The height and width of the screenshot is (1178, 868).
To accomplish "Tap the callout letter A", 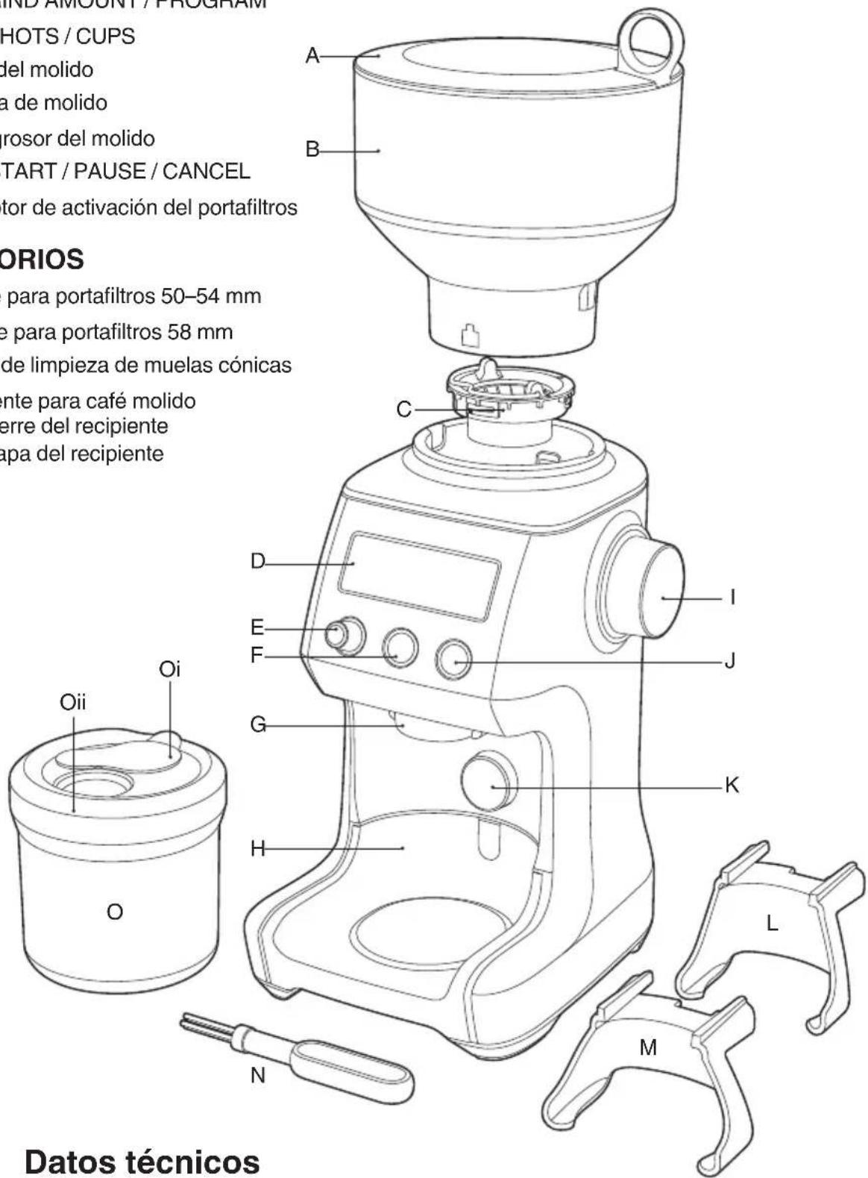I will pos(312,56).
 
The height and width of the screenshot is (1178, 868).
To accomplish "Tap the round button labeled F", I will pos(400,648).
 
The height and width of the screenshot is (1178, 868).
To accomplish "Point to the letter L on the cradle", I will pos(773,924).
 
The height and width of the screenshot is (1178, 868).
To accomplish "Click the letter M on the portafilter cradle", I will pos(649,1047).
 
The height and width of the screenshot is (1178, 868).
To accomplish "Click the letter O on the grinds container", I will pos(115,912).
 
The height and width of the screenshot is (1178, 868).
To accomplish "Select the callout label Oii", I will pos(74,703).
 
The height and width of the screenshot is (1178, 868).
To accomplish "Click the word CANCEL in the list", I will pos(206,172).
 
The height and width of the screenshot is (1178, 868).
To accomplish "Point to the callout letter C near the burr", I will pos(403,410).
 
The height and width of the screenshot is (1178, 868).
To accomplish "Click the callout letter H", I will pos(258,849).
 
